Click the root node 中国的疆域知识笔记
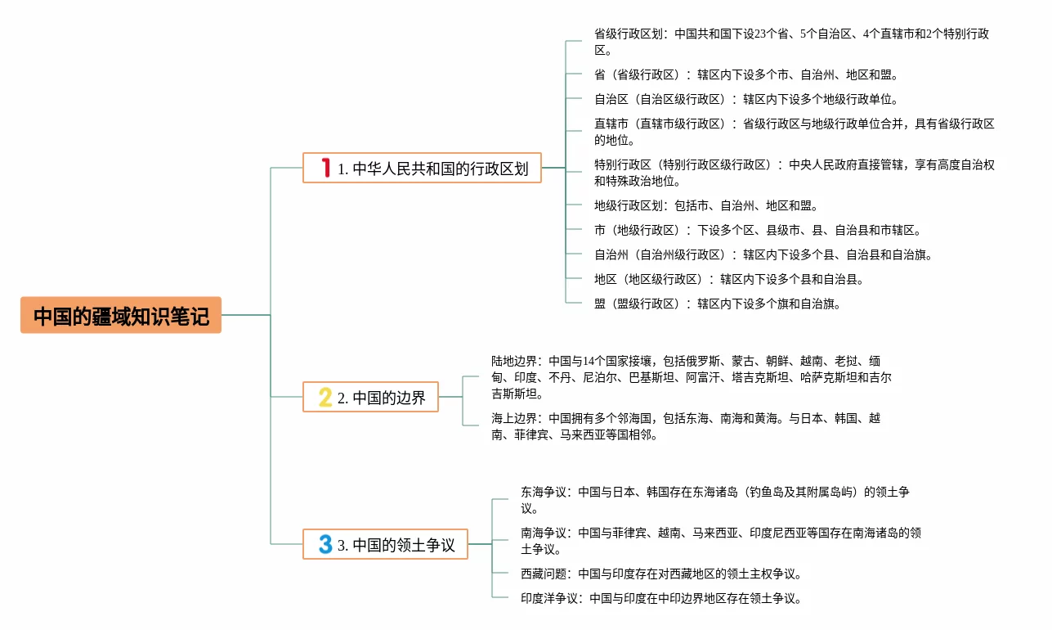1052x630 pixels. pyautogui.click(x=121, y=315)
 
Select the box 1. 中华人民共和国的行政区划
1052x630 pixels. pyautogui.click(x=422, y=168)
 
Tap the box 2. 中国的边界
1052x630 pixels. pyautogui.click(x=370, y=397)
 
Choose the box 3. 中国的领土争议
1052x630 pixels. pyautogui.click(x=385, y=544)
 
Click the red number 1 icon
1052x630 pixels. pyautogui.click(x=326, y=168)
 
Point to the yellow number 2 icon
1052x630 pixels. pyautogui.click(x=325, y=398)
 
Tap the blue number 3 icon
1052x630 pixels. pyautogui.click(x=325, y=544)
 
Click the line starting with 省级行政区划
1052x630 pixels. pyautogui.click(x=791, y=42)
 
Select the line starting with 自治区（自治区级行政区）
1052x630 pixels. pyautogui.click(x=745, y=99)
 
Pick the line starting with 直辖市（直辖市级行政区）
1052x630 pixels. pyautogui.click(x=794, y=132)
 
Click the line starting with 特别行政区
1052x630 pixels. pyautogui.click(x=794, y=173)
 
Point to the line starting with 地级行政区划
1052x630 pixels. pyautogui.click(x=705, y=205)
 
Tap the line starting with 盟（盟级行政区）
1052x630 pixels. pyautogui.click(x=717, y=304)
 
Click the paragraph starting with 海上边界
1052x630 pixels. pyautogui.click(x=686, y=426)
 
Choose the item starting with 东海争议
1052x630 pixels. pyautogui.click(x=714, y=500)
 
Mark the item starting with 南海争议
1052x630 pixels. pyautogui.click(x=720, y=541)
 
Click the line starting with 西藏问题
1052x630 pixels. pyautogui.click(x=660, y=574)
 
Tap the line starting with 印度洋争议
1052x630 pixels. pyautogui.click(x=660, y=598)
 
